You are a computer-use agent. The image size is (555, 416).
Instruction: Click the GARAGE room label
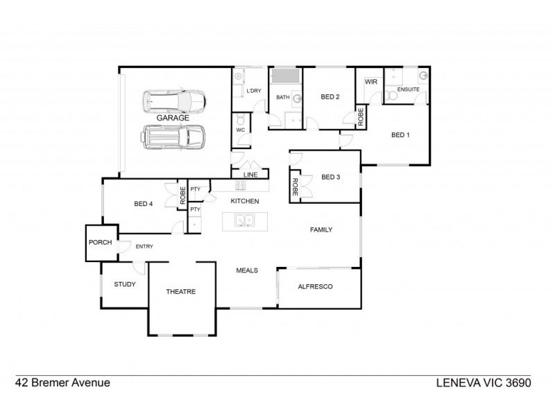173,118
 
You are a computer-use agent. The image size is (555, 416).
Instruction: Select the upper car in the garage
174,101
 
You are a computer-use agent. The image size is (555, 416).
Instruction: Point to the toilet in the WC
241,119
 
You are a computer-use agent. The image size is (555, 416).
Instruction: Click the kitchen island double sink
245,220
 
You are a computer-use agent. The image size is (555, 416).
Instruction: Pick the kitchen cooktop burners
241,185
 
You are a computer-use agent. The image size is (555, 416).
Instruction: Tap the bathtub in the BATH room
286,76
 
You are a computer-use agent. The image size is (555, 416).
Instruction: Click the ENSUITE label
408,89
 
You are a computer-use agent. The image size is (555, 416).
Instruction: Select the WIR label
371,82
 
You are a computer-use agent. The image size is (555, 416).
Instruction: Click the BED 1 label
400,135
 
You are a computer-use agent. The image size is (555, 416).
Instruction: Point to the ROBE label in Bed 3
295,187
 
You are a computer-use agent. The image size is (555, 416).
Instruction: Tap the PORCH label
100,242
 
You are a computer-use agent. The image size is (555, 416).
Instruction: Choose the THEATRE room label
181,291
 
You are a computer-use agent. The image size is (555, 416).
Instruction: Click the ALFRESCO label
315,286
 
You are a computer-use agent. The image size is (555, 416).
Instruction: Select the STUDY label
125,284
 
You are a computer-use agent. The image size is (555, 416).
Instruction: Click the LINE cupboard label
250,175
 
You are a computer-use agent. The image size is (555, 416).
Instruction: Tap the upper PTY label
196,189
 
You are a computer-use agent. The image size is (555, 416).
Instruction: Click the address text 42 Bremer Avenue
62,383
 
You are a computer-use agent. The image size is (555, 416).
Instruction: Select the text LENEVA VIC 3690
484,383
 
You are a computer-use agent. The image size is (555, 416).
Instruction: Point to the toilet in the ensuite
391,96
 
